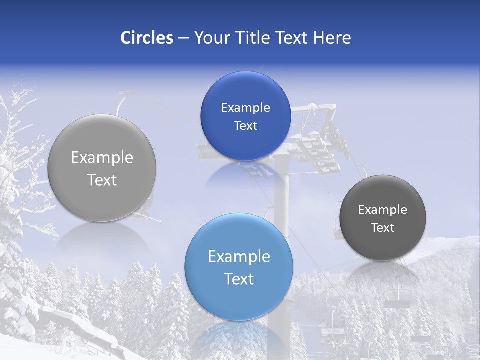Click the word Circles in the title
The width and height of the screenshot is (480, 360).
tap(147, 38)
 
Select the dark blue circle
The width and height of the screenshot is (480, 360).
tap(245, 116)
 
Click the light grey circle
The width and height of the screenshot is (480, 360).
tap(102, 168)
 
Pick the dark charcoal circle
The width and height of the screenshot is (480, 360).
tap(383, 218)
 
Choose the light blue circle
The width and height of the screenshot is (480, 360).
tap(239, 267)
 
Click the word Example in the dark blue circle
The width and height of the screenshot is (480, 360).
tap(245, 107)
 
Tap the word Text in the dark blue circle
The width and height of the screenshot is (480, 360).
tap(245, 125)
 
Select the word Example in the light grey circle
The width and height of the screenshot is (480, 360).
tap(102, 158)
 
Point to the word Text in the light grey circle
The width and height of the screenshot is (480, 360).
tap(102, 180)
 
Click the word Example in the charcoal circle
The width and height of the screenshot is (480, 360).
tap(383, 209)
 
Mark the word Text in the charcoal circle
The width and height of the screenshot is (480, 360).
tap(383, 228)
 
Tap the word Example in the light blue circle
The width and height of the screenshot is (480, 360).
tap(239, 256)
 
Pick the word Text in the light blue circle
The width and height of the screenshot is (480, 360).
tap(239, 279)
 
